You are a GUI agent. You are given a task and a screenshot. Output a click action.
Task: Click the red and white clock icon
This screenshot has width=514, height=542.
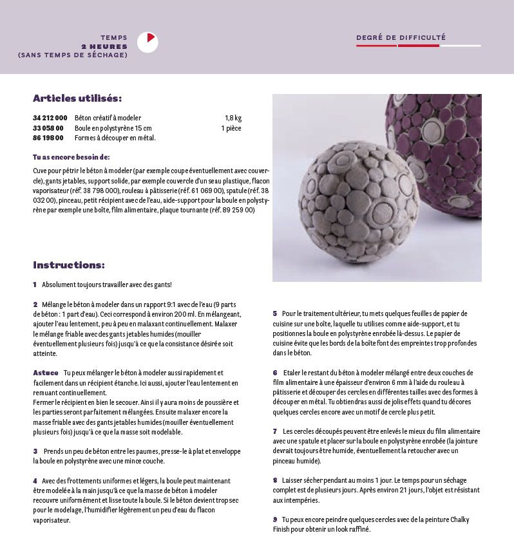click(148, 42)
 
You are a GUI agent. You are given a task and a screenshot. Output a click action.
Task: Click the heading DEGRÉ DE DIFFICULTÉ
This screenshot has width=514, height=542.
click(401, 38)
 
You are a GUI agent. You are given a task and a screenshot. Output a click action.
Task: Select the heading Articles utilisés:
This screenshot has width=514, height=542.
click(77, 98)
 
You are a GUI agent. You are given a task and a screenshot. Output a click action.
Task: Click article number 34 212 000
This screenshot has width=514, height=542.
click(50, 118)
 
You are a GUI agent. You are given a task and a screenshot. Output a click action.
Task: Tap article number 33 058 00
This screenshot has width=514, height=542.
click(48, 128)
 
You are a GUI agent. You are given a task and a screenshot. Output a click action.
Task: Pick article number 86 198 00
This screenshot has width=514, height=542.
click(48, 138)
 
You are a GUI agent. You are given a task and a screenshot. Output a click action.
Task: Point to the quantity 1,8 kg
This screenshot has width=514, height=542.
click(233, 118)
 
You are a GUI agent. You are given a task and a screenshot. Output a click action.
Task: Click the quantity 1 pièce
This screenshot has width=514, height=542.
click(231, 128)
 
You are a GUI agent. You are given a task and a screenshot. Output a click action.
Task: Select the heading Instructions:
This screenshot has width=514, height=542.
click(69, 265)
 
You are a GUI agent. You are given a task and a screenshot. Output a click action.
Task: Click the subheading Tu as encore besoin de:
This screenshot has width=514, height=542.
click(71, 157)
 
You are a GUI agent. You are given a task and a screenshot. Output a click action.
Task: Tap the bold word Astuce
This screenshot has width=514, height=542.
click(45, 373)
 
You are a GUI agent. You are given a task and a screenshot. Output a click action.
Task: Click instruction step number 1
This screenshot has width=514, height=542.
click(35, 285)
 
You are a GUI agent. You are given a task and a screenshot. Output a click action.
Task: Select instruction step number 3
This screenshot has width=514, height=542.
click(35, 451)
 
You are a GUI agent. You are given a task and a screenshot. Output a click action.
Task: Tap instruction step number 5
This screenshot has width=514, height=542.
click(275, 313)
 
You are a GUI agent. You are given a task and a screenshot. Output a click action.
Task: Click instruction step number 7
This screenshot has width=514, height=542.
click(275, 431)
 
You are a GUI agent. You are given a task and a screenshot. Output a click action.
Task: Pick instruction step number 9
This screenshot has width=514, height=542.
click(275, 519)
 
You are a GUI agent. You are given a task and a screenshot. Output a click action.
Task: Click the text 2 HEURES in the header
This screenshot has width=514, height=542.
click(104, 46)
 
